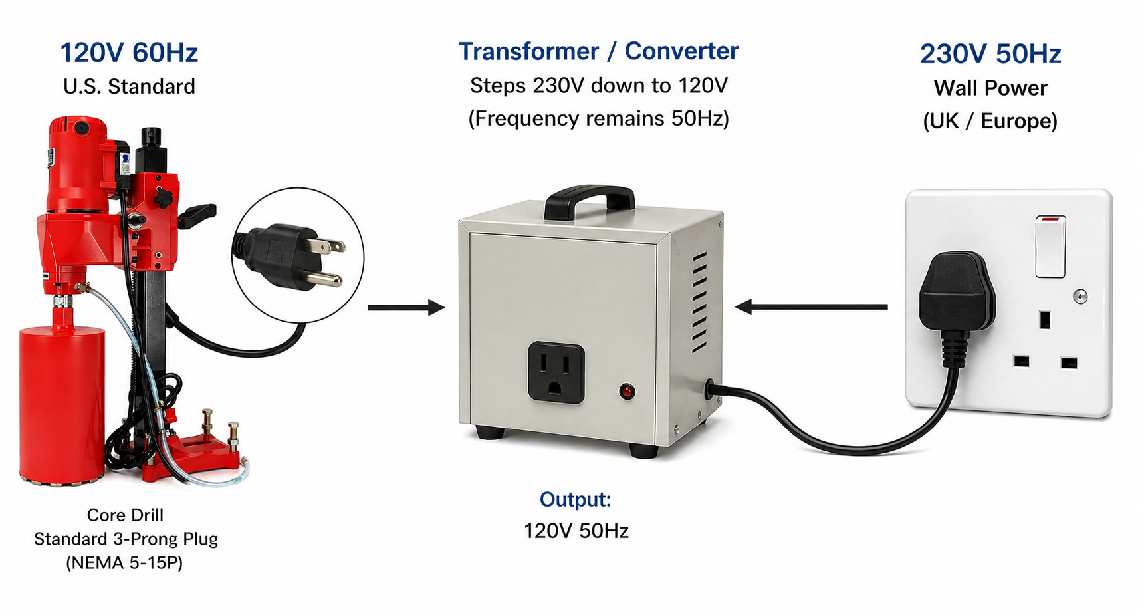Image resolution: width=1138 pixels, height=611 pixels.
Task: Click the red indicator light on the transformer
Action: [627, 392]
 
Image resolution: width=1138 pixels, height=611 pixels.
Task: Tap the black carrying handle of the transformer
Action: [589, 197]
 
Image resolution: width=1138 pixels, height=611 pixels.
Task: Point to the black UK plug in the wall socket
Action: [956, 296]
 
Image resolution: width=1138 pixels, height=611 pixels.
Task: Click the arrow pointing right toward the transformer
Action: [405, 307]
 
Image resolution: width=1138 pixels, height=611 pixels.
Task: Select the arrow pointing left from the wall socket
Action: [811, 306]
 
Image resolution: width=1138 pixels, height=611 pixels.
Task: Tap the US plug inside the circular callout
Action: [292, 255]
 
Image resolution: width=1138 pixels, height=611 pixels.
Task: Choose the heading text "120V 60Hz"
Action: [129, 53]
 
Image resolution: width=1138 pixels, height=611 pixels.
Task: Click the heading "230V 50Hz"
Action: [990, 54]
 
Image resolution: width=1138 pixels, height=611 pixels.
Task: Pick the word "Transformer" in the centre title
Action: [528, 51]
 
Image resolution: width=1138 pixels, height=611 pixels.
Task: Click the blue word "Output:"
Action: [575, 499]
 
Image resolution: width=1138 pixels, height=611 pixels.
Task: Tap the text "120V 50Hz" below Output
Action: [576, 531]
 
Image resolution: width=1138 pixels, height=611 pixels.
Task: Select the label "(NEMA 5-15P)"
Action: [124, 563]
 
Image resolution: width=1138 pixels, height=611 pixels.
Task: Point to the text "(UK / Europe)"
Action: [990, 121]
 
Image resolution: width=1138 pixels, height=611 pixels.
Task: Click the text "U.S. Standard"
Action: [129, 86]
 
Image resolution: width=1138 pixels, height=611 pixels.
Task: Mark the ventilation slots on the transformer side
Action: [699, 303]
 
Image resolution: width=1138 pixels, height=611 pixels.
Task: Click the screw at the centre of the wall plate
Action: [1080, 297]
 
